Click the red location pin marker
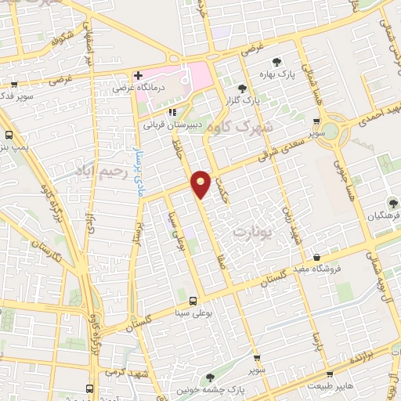pyautogui.click(x=201, y=182)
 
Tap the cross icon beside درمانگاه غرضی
pyautogui.click(x=138, y=76)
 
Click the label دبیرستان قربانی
pyautogui.click(x=173, y=124)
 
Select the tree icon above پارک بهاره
pyautogui.click(x=275, y=62)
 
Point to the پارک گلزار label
pyautogui.click(x=243, y=100)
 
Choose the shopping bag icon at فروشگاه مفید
pyautogui.click(x=316, y=258)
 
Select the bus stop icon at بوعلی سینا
pyautogui.click(x=192, y=301)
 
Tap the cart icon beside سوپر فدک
pyautogui.click(x=13, y=85)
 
